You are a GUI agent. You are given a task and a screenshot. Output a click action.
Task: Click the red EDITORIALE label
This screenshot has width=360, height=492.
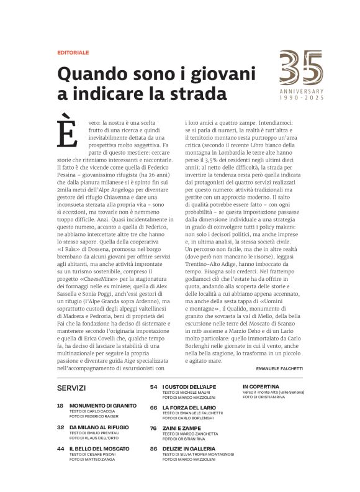click(73, 53)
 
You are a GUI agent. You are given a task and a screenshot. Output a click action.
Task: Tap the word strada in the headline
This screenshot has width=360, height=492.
click(194, 94)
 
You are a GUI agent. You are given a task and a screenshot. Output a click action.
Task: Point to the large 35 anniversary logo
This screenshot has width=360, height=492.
click(301, 68)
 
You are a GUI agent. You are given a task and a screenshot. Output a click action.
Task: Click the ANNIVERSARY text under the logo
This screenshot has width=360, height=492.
click(301, 92)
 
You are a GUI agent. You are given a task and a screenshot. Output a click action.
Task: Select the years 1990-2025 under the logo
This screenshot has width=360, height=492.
click(301, 98)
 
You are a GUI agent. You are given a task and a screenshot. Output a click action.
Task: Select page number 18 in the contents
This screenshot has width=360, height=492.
click(60, 405)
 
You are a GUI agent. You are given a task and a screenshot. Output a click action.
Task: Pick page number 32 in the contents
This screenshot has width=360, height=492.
click(60, 427)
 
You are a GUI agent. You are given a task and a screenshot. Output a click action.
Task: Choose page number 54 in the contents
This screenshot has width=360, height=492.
click(153, 386)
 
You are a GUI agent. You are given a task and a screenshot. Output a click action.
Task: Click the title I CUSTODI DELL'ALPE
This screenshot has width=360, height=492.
click(190, 387)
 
